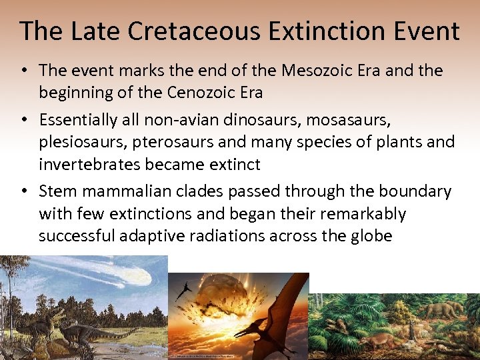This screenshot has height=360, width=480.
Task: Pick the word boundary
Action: [415, 192]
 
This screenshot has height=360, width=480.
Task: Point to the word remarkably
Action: [363, 213]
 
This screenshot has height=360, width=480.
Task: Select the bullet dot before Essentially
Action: [24, 121]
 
